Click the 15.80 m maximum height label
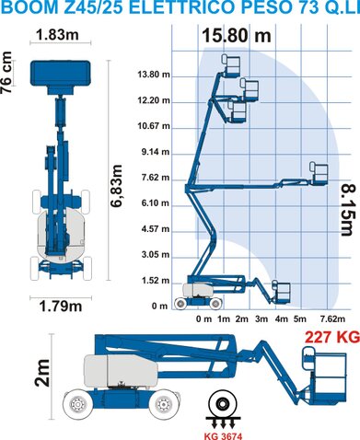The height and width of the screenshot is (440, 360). [237, 36]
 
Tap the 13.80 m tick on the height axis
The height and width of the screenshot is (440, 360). [154, 75]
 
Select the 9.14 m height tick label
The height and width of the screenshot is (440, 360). [156, 152]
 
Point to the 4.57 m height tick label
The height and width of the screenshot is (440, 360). [156, 229]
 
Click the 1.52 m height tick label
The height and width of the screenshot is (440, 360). [156, 281]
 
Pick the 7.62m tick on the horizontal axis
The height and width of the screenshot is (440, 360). [332, 319]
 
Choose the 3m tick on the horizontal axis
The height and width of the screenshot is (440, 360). [261, 319]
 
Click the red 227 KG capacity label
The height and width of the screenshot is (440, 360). [332, 337]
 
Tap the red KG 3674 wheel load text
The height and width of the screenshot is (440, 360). [223, 436]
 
